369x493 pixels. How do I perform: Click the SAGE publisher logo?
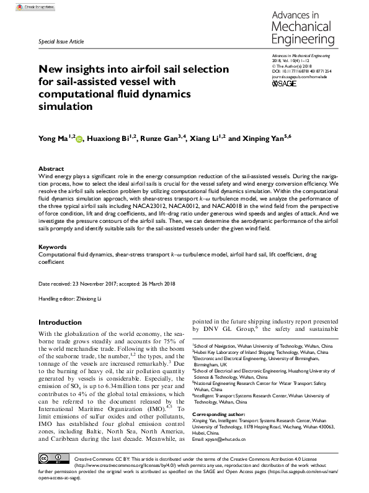[283, 83]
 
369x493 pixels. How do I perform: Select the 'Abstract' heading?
[51, 169]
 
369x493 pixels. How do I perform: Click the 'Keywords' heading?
[53, 247]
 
